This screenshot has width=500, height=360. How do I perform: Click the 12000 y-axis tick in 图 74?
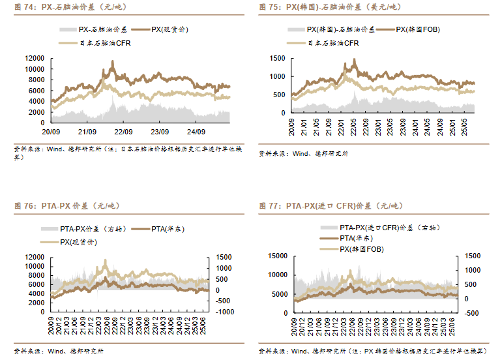coord(35,58)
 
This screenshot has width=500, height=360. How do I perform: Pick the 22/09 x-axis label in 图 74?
coord(123,130)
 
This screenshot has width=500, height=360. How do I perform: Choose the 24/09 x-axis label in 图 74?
coord(196,130)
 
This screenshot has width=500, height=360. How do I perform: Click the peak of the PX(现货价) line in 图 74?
coord(113,61)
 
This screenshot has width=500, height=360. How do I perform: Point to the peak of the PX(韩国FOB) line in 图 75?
coord(355,59)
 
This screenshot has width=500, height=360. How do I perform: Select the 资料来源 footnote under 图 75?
coord(304,154)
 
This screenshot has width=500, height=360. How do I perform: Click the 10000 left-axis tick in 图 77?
coord(276,275)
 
